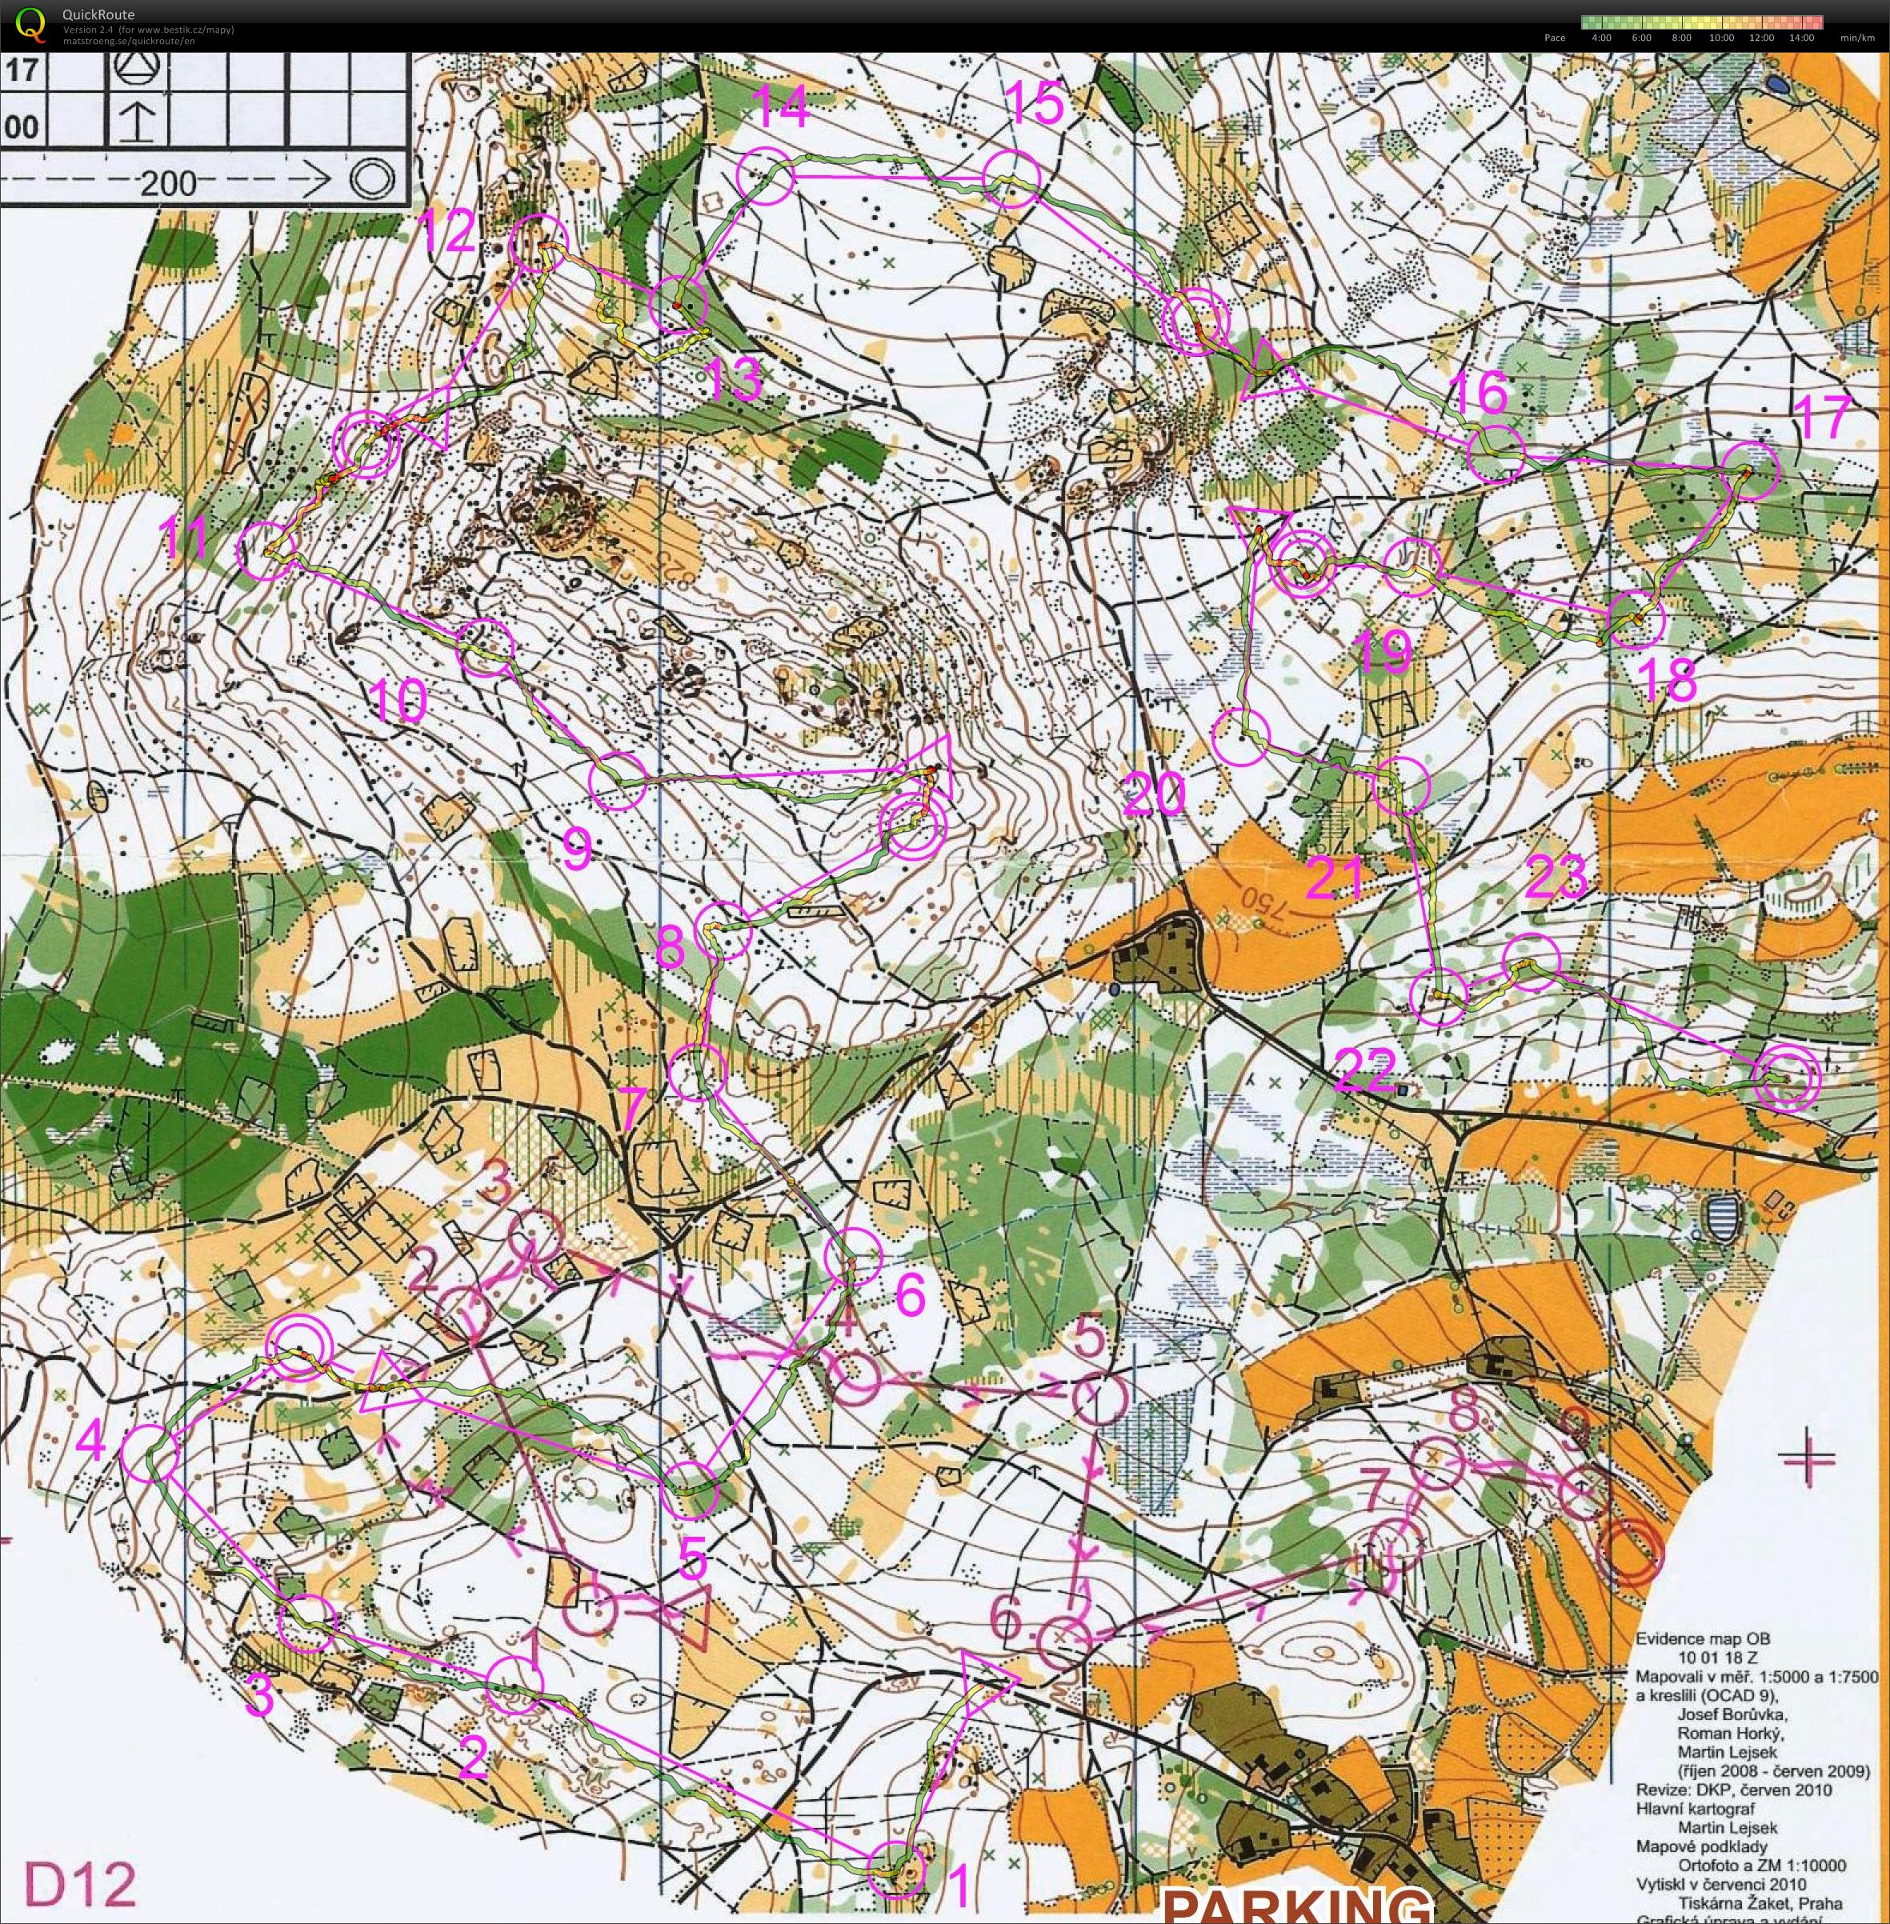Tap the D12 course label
pyautogui.click(x=79, y=1882)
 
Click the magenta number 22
pyautogui.click(x=1366, y=1070)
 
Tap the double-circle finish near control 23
pyautogui.click(x=1786, y=1078)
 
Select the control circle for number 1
pyautogui.click(x=896, y=1870)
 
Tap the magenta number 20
pyautogui.click(x=1155, y=794)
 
